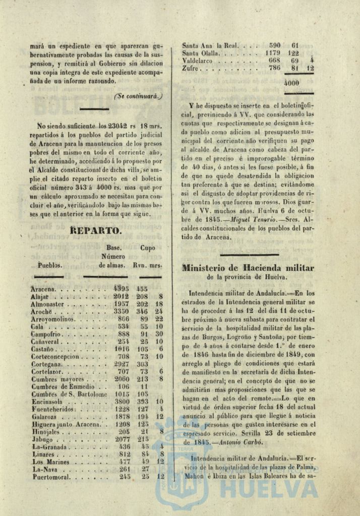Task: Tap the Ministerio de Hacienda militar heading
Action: (248, 268)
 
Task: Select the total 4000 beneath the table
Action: (291, 83)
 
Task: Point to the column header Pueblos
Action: (49, 265)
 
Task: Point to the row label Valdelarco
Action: (200, 60)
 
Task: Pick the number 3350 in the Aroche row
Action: (121, 312)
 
